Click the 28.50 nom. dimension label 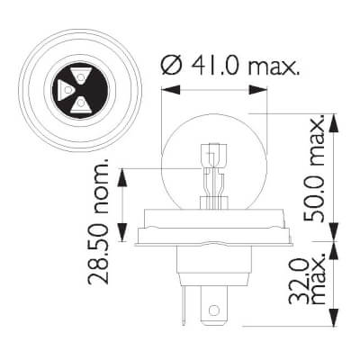click(x=100, y=222)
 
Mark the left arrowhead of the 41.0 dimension click(x=165, y=87)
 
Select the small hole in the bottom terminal click(x=213, y=312)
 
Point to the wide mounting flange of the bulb click(x=213, y=238)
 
